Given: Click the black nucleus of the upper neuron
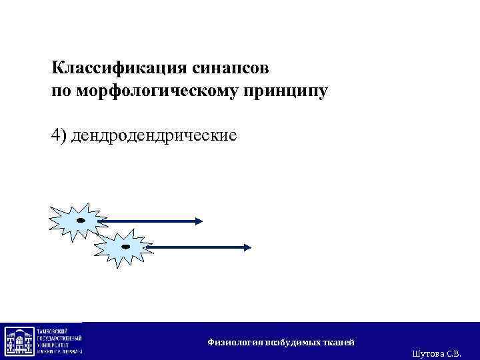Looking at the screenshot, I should pos(81,219).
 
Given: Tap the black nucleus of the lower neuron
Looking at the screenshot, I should pos(125,247).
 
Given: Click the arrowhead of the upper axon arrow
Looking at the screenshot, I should pos(199,221).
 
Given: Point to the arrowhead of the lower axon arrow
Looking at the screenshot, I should pos(247,247).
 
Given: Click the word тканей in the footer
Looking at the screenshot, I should pos(339,342).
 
